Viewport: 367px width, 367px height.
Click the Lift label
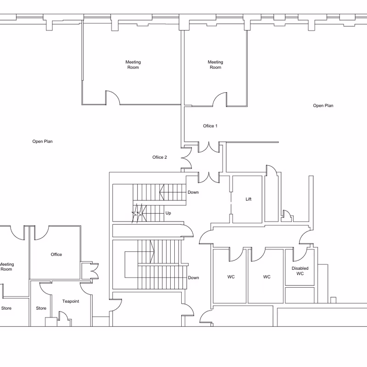point(248,199)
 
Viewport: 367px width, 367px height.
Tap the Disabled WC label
point(300,271)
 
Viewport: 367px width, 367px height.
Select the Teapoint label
point(71,301)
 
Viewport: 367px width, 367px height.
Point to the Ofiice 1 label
point(210,126)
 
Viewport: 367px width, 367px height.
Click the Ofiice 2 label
point(160,157)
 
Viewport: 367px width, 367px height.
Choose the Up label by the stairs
point(168,213)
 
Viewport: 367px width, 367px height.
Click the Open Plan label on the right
point(323,106)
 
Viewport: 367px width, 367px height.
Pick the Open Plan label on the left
point(42,141)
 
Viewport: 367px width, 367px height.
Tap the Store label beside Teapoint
point(41,308)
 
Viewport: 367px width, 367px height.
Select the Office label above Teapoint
point(56,255)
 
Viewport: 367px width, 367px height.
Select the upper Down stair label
point(193,192)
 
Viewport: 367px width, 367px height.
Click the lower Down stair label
point(193,278)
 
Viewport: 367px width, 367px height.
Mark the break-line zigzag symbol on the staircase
point(137,213)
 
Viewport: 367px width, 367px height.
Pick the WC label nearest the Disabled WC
point(267,277)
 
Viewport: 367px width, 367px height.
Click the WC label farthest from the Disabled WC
point(231,277)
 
